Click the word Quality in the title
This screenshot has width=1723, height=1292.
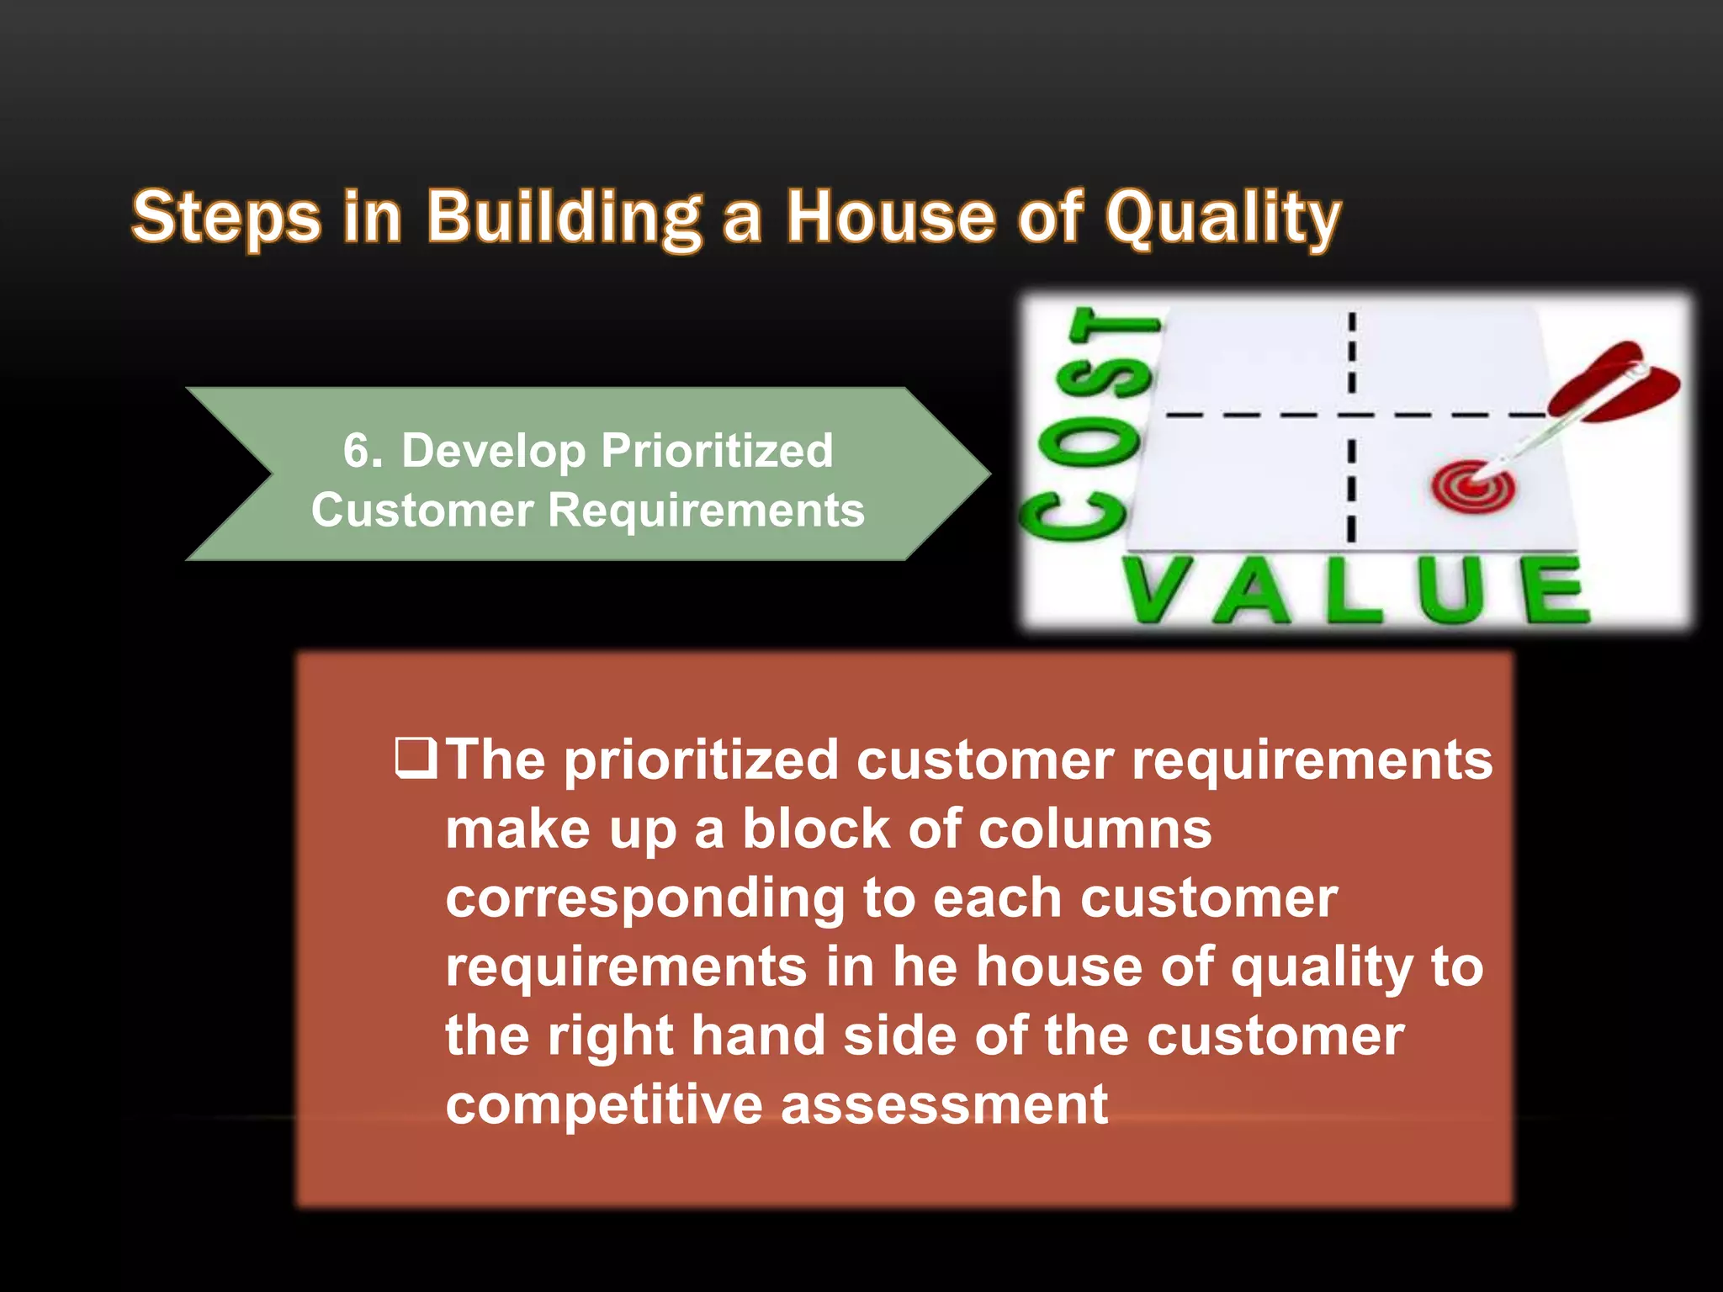coord(1222,217)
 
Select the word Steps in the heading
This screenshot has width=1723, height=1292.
coord(226,217)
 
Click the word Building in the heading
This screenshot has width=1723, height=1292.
coord(564,217)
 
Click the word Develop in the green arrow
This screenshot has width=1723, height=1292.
coord(493,450)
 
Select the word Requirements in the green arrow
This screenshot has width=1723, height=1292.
coord(706,510)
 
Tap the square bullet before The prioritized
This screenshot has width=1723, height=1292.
coord(416,757)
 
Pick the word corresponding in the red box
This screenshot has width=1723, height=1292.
coord(644,898)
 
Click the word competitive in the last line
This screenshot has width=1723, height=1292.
coord(603,1104)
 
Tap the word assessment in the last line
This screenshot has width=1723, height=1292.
coord(944,1104)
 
